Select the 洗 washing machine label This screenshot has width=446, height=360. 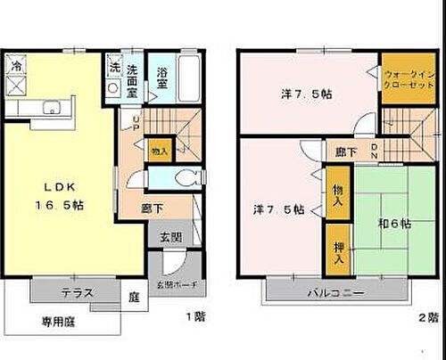(x=113, y=67)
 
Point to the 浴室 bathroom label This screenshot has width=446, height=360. (x=161, y=78)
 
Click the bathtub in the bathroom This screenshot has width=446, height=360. (x=190, y=81)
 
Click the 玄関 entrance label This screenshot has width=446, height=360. (x=171, y=237)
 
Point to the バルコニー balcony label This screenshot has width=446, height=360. (x=336, y=291)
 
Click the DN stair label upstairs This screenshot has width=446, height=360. (x=375, y=151)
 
